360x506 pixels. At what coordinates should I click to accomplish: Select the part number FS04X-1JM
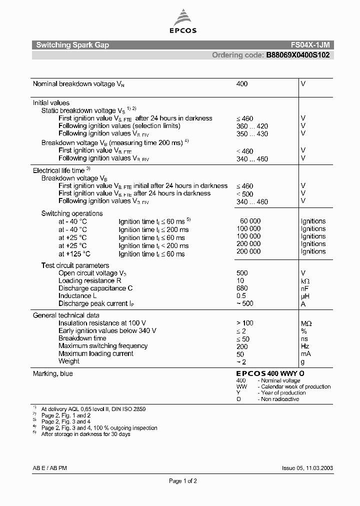tap(310, 45)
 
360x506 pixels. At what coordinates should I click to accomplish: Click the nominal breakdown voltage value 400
tap(241, 84)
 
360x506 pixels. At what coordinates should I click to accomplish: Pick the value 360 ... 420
tap(251, 126)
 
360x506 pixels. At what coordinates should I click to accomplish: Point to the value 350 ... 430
tap(251, 134)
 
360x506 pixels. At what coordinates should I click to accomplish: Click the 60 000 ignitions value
tap(250, 221)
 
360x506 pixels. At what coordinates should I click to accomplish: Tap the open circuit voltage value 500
tap(241, 273)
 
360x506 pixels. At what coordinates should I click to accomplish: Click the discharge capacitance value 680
tap(241, 288)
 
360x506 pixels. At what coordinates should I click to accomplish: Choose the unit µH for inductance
tap(305, 296)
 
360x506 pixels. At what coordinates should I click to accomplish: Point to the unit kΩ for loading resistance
tap(305, 281)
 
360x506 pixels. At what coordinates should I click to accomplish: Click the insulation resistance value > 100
tap(244, 323)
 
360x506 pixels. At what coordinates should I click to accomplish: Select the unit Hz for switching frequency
tap(305, 346)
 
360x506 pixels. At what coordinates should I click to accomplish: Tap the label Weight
tap(69, 361)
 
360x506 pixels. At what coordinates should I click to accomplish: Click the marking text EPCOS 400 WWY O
tap(270, 373)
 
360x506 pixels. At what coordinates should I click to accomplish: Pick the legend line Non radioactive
tap(280, 399)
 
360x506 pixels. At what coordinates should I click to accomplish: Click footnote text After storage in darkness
tap(85, 434)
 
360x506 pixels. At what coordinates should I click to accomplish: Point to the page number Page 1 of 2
tap(183, 481)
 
